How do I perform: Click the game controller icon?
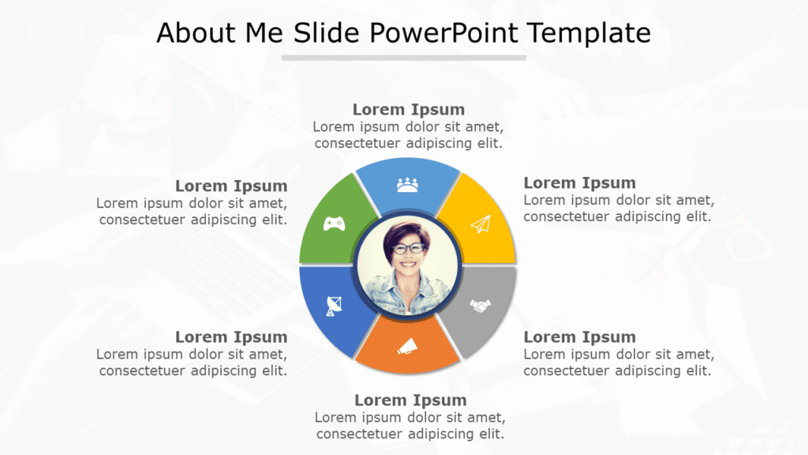coord(335,224)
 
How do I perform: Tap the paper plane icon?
coord(481,225)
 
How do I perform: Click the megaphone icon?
coord(407,345)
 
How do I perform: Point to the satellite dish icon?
coord(335,305)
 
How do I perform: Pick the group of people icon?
coord(407,185)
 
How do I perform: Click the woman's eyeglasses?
coord(408,248)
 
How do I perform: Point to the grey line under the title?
coord(403,58)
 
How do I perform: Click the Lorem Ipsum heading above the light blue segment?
coord(408,109)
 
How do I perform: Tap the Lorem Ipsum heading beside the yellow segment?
coord(579,183)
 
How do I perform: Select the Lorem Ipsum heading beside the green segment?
coord(231,186)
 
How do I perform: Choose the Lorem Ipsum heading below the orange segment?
coord(410,400)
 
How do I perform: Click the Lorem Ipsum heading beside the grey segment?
coord(579,337)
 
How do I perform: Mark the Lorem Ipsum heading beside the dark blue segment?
coord(231,337)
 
